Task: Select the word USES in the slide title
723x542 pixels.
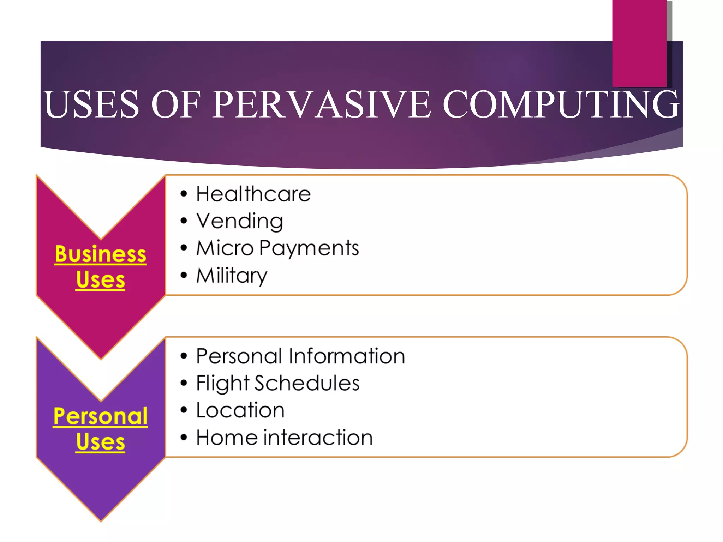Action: [x=91, y=104]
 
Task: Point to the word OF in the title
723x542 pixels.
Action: [x=175, y=104]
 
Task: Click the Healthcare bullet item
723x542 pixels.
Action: [x=253, y=194]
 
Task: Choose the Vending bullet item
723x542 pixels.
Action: [x=239, y=222]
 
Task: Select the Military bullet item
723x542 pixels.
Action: [x=232, y=276]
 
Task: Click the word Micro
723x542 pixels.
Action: [x=225, y=248]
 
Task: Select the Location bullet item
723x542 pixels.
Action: [x=240, y=410]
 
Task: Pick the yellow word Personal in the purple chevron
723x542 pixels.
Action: [x=101, y=416]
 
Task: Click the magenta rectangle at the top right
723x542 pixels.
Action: [x=639, y=42]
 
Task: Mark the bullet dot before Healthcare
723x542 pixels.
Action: [x=184, y=194]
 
